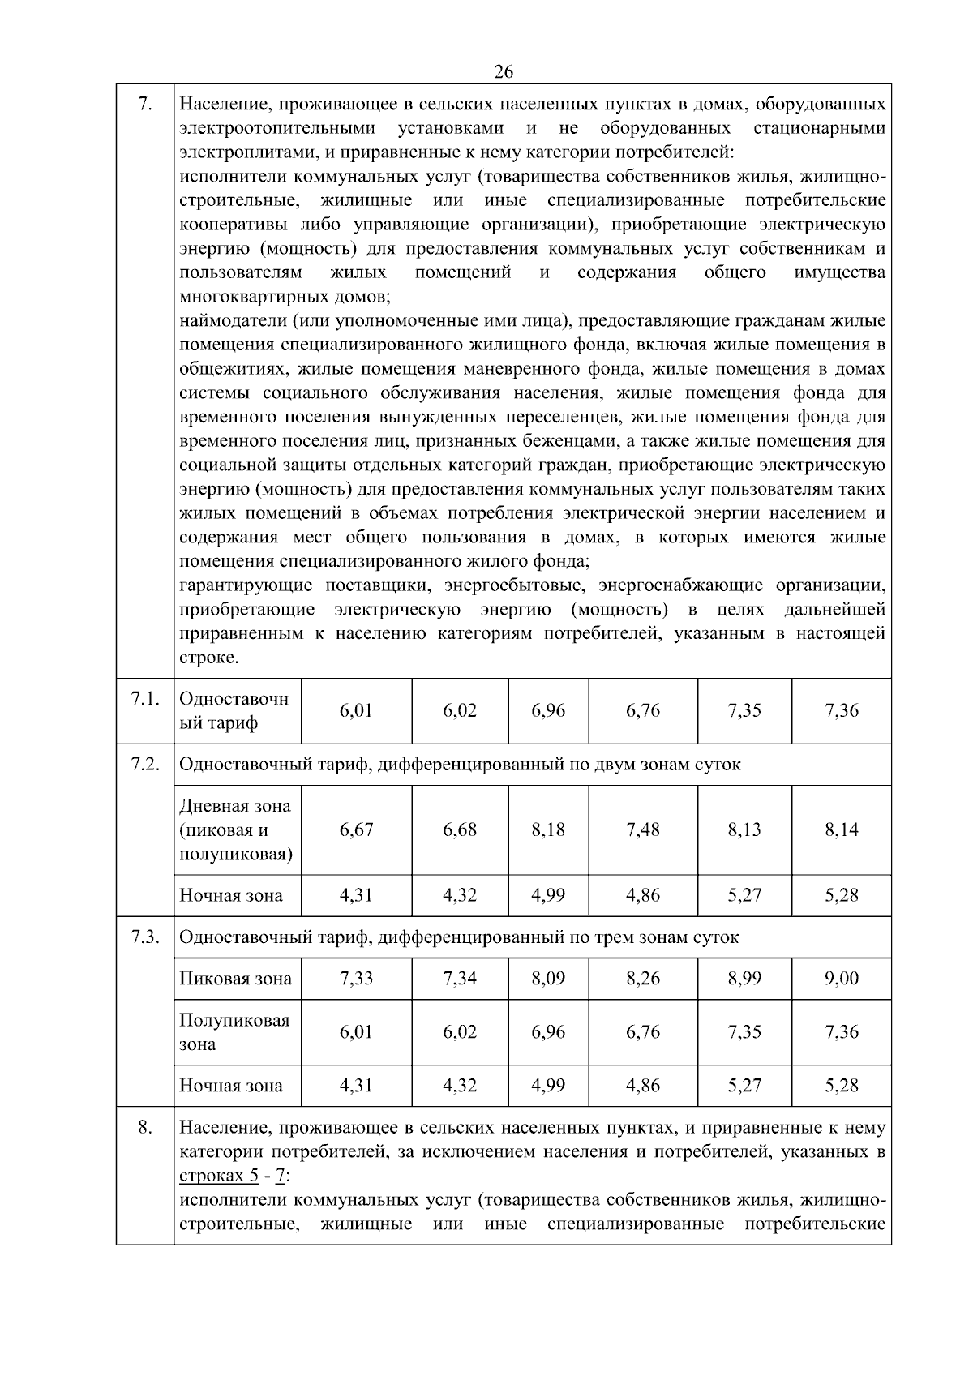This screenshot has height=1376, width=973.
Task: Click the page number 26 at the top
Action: click(503, 71)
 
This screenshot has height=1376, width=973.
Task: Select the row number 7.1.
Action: click(144, 699)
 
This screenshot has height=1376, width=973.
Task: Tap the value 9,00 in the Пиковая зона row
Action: click(841, 978)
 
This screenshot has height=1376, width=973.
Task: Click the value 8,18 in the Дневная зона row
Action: click(548, 829)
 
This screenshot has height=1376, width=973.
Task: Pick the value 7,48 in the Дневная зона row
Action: click(642, 829)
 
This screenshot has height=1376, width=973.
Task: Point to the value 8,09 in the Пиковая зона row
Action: click(548, 978)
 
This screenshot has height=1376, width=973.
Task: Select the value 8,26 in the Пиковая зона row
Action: click(642, 978)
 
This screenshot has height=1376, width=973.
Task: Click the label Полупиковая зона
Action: click(234, 1031)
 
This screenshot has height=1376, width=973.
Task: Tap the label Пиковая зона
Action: click(235, 979)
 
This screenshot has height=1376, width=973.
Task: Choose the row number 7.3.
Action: click(144, 937)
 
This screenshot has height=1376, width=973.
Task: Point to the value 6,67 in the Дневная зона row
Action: click(356, 829)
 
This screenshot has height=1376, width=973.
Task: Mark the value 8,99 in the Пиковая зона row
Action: click(744, 978)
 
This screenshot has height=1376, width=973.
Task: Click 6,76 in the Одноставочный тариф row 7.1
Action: click(642, 710)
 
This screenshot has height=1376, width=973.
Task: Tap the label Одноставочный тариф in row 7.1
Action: click(234, 710)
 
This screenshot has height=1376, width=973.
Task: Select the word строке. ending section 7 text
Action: click(208, 657)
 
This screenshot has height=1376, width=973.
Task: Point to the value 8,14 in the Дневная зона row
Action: click(841, 829)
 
